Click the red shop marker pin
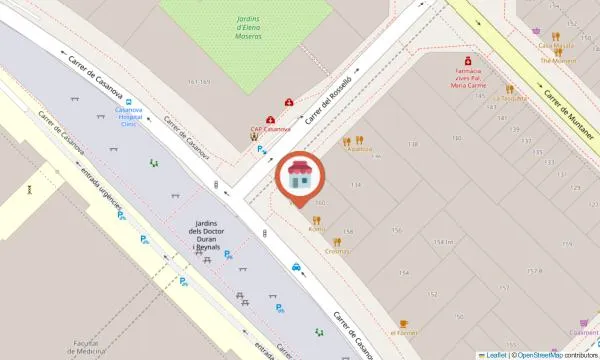click(297, 178)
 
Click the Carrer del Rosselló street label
click(329, 103)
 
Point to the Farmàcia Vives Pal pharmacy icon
click(462, 60)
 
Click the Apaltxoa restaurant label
click(358, 151)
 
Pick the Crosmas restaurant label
click(337, 252)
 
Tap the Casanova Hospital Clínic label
click(124, 119)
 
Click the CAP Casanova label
click(270, 129)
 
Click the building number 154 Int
click(444, 242)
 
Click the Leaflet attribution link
click(496, 354)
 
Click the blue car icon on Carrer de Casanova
click(297, 267)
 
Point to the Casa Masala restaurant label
click(556, 45)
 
